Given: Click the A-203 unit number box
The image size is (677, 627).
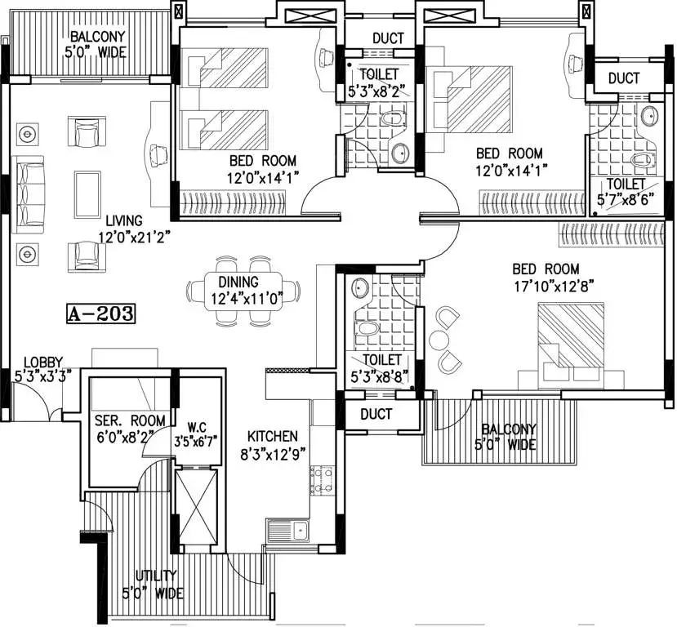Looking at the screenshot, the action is point(101,313).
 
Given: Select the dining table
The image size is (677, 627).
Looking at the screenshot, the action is point(243,291).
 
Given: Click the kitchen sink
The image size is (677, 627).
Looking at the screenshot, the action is point(287,529).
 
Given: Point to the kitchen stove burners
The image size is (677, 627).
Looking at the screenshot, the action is point(322,481).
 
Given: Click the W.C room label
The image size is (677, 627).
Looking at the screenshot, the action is point(197,428).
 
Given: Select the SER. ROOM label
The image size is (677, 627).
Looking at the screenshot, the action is point(130,420).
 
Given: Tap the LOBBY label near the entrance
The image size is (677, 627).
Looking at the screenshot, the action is point(43,362).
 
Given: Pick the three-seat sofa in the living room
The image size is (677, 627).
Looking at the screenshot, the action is point(30,195).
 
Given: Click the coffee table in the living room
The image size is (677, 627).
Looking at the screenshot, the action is point(87,194).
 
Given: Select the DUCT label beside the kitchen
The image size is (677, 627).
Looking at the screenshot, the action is point(376,414).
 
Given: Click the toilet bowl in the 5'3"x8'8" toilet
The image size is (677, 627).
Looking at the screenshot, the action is point(367,328).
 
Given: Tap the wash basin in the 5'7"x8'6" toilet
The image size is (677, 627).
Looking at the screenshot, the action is point(649,116).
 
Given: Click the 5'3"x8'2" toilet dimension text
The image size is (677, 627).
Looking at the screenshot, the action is point(379,91).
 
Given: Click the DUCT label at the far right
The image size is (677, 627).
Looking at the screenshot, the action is point(623,78).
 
